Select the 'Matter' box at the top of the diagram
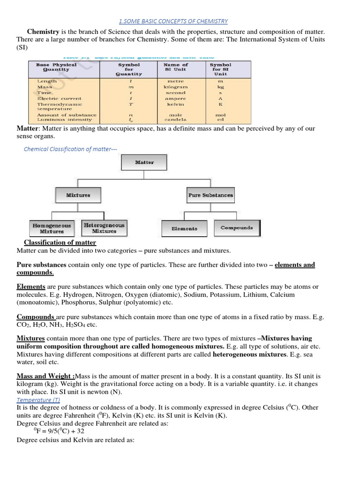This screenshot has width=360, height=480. pyautogui.click(x=144, y=162)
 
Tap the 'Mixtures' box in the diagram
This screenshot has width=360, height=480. pyautogui.click(x=78, y=195)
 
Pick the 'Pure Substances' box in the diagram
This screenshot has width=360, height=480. pyautogui.click(x=210, y=195)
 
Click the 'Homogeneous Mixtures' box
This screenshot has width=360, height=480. pyautogui.click(x=52, y=228)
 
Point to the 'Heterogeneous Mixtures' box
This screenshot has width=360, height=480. pyautogui.click(x=104, y=228)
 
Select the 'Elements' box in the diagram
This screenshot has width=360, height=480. pyautogui.click(x=184, y=228)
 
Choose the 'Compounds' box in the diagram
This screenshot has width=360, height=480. pyautogui.click(x=237, y=228)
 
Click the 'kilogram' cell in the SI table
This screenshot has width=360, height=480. pyautogui.click(x=176, y=87)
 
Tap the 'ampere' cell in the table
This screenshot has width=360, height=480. pyautogui.click(x=176, y=98)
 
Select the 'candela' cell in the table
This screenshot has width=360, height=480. pyautogui.click(x=175, y=120)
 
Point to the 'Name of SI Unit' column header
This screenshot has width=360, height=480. pyautogui.click(x=176, y=67)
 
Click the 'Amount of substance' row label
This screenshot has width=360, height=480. pyautogui.click(x=67, y=115)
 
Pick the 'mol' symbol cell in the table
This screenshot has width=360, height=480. pyautogui.click(x=220, y=115)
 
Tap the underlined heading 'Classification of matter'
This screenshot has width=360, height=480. pyautogui.click(x=60, y=242)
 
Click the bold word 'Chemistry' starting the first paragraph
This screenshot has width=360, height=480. pyautogui.click(x=43, y=31)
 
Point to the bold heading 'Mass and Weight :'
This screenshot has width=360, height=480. pyautogui.click(x=46, y=376)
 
